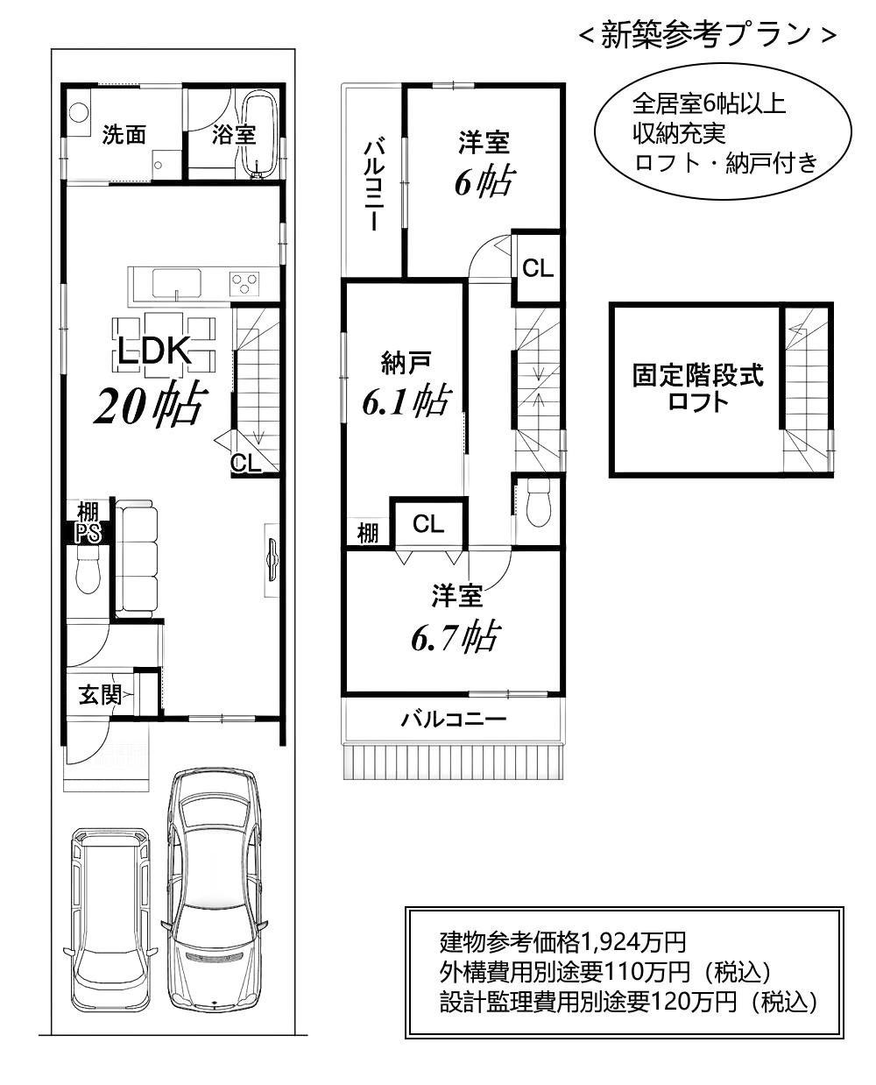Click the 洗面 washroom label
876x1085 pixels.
tap(124, 135)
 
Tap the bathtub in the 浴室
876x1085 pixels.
tap(259, 135)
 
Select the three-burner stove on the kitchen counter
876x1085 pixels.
tap(244, 284)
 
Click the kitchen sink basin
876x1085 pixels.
tap(177, 283)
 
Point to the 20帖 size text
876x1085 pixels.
tap(152, 404)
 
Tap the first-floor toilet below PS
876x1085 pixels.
tap(88, 571)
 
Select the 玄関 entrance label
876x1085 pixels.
tap(100, 695)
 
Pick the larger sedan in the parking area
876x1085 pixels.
tap(215, 891)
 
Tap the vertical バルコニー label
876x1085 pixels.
tap(373, 184)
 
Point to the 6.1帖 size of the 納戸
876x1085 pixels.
tap(406, 401)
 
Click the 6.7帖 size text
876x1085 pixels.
tap(455, 637)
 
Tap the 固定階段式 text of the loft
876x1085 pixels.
tap(698, 375)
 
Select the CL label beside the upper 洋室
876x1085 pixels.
tap(538, 268)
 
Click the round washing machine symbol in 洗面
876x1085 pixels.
tap(79, 112)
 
